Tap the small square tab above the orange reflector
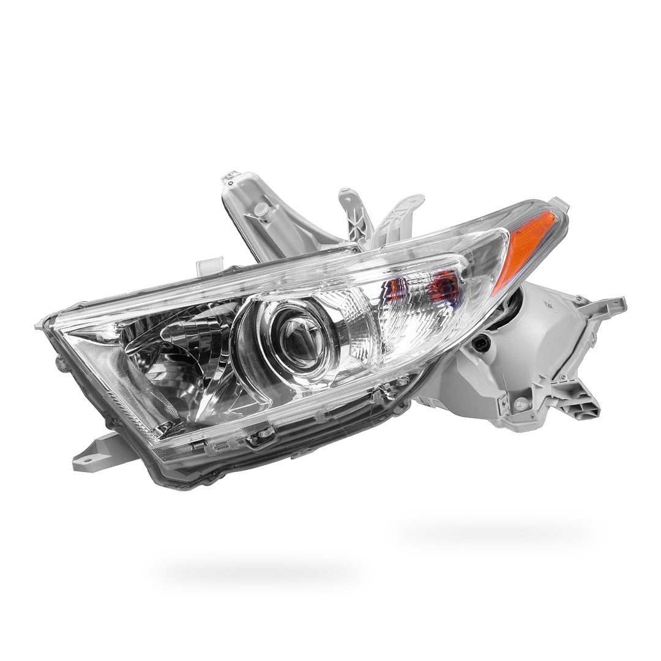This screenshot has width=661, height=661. (x=556, y=205)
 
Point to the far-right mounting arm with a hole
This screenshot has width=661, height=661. (x=606, y=306)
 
